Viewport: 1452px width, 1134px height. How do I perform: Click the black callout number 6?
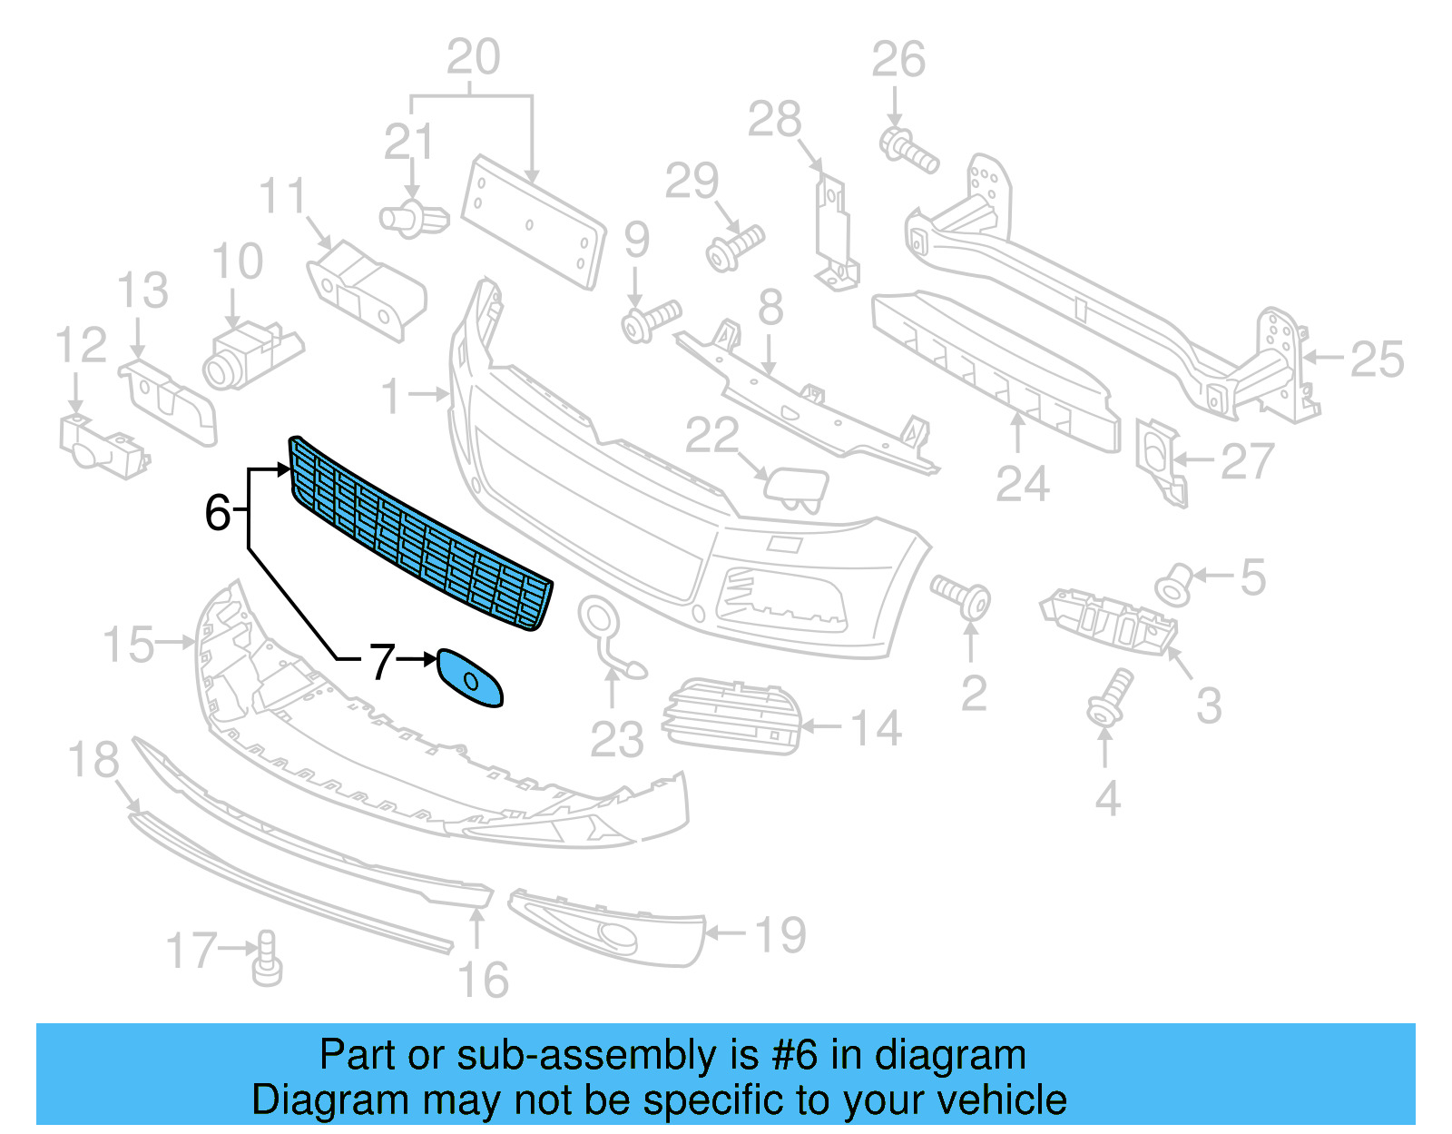click(x=218, y=512)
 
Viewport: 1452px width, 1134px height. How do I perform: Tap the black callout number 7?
click(x=382, y=661)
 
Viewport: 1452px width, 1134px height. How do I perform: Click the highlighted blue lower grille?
click(x=422, y=536)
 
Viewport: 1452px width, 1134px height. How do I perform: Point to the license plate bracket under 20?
click(x=534, y=222)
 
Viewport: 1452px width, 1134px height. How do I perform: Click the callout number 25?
click(x=1377, y=360)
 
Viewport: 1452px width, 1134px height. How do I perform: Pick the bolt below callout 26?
click(x=907, y=151)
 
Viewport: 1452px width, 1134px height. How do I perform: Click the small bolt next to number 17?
click(x=267, y=960)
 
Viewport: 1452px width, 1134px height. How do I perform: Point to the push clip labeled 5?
click(x=1173, y=585)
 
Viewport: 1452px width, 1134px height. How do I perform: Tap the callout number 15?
click(x=128, y=645)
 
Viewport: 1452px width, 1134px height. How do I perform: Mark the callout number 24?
click(x=1023, y=483)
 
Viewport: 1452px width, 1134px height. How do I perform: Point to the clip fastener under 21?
click(x=413, y=219)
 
